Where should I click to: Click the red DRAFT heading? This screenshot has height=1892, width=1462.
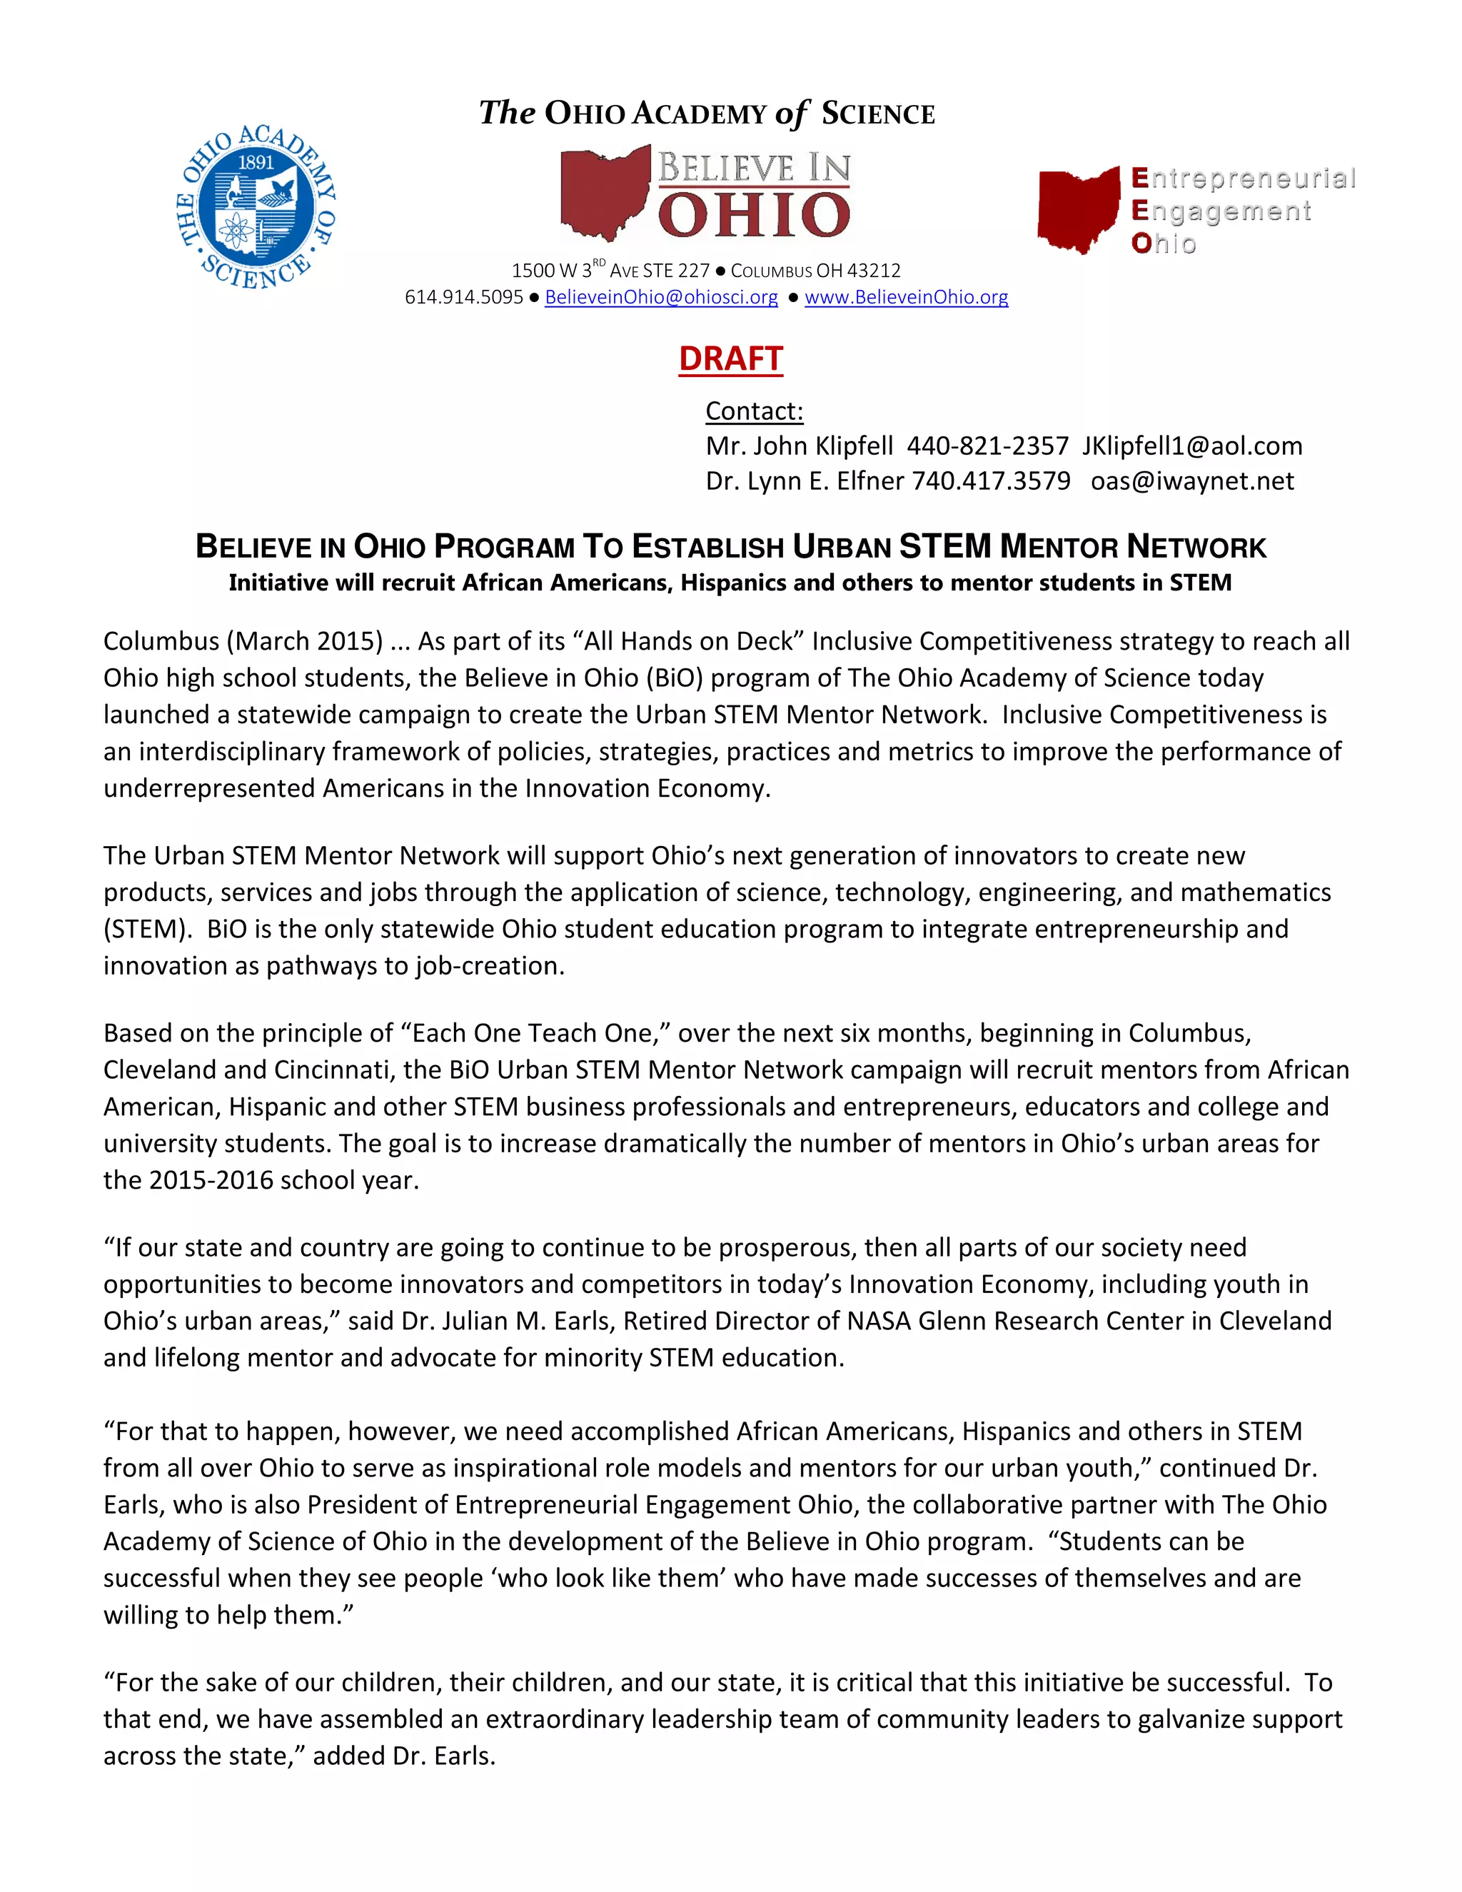click(730, 358)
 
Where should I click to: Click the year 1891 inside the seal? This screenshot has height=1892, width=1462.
click(256, 162)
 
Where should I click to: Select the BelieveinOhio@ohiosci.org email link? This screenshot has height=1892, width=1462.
click(661, 297)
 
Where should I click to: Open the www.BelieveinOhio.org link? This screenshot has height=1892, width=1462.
click(906, 297)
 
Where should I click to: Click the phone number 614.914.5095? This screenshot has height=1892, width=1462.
click(463, 297)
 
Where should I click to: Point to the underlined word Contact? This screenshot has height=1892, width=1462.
click(754, 411)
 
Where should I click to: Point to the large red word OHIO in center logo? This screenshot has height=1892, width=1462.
click(754, 215)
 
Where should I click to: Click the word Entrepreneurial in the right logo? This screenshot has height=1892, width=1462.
click(1243, 178)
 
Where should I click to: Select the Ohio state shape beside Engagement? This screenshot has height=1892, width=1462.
click(1079, 211)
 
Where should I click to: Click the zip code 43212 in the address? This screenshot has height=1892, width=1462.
click(873, 271)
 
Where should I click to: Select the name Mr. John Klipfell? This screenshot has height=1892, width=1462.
click(799, 446)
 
